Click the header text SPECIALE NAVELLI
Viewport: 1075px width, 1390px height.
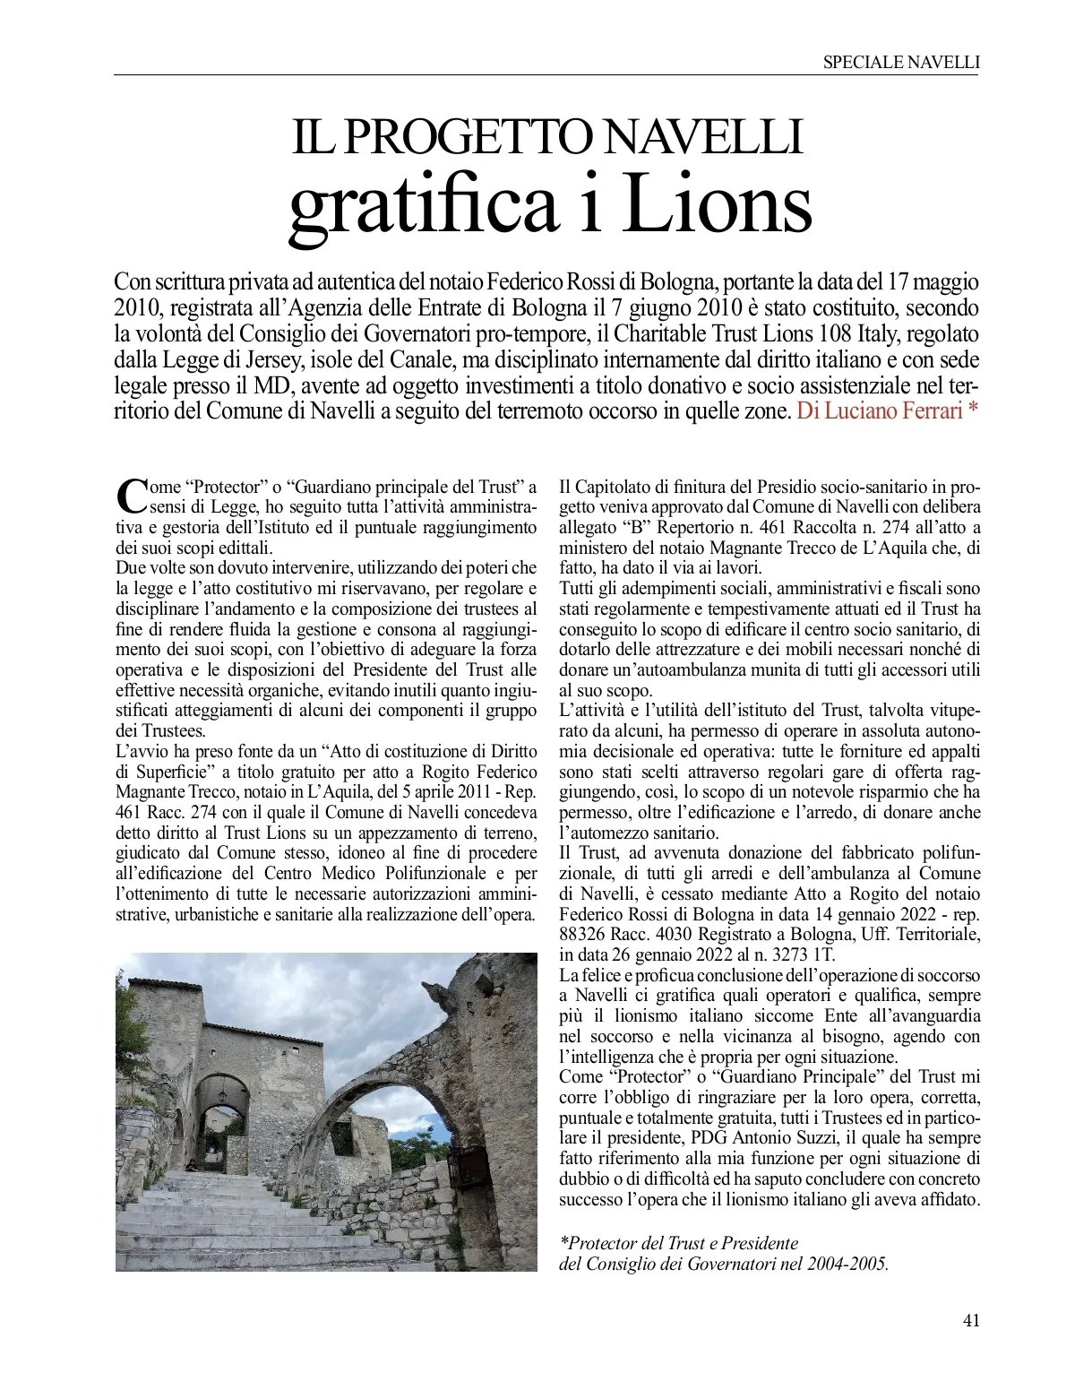click(900, 62)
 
